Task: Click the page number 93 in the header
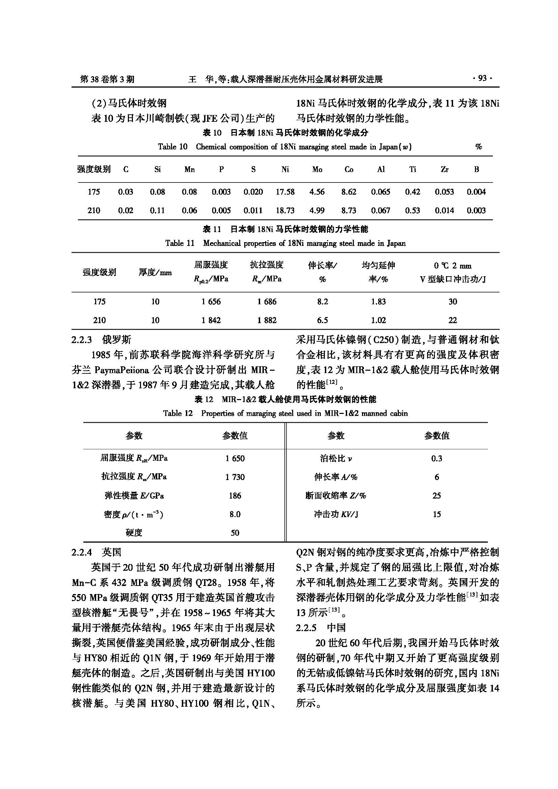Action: [x=482, y=79]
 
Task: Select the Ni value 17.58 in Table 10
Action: [x=285, y=192]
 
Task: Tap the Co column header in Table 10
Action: [x=349, y=169]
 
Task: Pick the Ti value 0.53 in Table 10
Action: [x=412, y=210]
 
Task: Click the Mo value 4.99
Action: [x=317, y=210]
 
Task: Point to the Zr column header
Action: [x=444, y=169]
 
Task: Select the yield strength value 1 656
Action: [x=211, y=302]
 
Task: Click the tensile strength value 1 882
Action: [x=267, y=320]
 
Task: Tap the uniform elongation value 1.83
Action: [x=378, y=302]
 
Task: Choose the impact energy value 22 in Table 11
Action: [x=452, y=320]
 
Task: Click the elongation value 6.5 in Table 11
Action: [x=322, y=320]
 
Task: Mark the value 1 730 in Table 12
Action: [x=235, y=477]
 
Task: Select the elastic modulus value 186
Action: [x=235, y=496]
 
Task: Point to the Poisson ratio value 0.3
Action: [x=436, y=458]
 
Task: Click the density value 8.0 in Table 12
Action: [x=235, y=514]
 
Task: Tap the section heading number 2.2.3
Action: [x=82, y=340]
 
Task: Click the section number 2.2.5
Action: [x=306, y=628]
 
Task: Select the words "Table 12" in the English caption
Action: [x=178, y=414]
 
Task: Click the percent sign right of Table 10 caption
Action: [x=478, y=147]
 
